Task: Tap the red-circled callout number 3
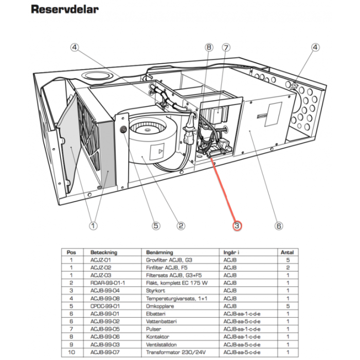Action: coord(237,225)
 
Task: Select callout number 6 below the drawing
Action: coord(278,225)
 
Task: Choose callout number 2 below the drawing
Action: coord(181,225)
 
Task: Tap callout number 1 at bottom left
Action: coord(93,225)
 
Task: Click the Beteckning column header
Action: coord(104,253)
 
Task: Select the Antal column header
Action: coord(286,253)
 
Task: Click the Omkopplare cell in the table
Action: coord(159,305)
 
